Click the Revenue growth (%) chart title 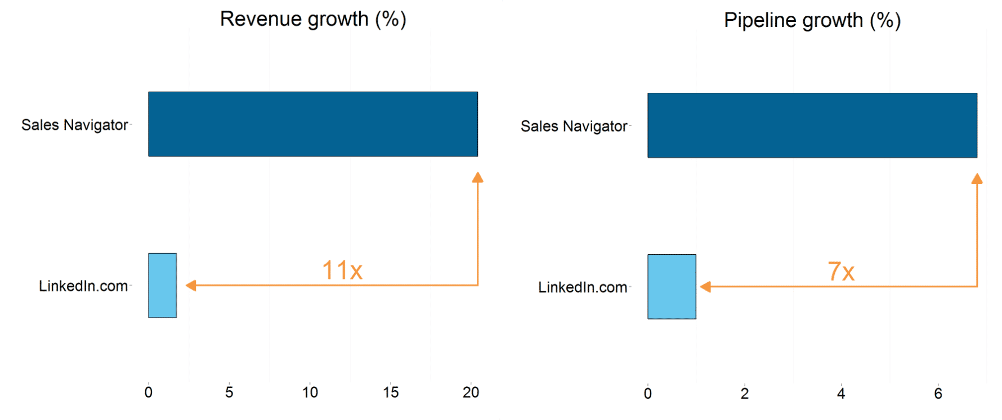[x=313, y=19]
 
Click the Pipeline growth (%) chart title [x=812, y=20]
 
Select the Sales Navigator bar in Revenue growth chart [x=313, y=124]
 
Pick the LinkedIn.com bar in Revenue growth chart [x=162, y=286]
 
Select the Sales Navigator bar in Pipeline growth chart [x=812, y=125]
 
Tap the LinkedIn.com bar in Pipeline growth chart [x=672, y=287]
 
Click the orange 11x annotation [x=342, y=270]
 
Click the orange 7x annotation [x=841, y=272]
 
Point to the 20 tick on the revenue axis [x=471, y=392]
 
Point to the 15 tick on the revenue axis [x=391, y=392]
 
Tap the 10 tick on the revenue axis [x=310, y=392]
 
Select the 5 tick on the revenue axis [x=229, y=392]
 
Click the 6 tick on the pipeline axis [x=938, y=394]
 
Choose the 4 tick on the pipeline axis [x=841, y=394]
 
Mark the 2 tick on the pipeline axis [x=744, y=394]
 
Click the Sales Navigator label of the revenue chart [x=74, y=125]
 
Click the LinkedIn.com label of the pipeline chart [x=582, y=287]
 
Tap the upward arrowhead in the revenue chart [x=477, y=178]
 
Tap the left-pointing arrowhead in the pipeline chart [x=705, y=287]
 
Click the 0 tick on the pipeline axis [x=647, y=394]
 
